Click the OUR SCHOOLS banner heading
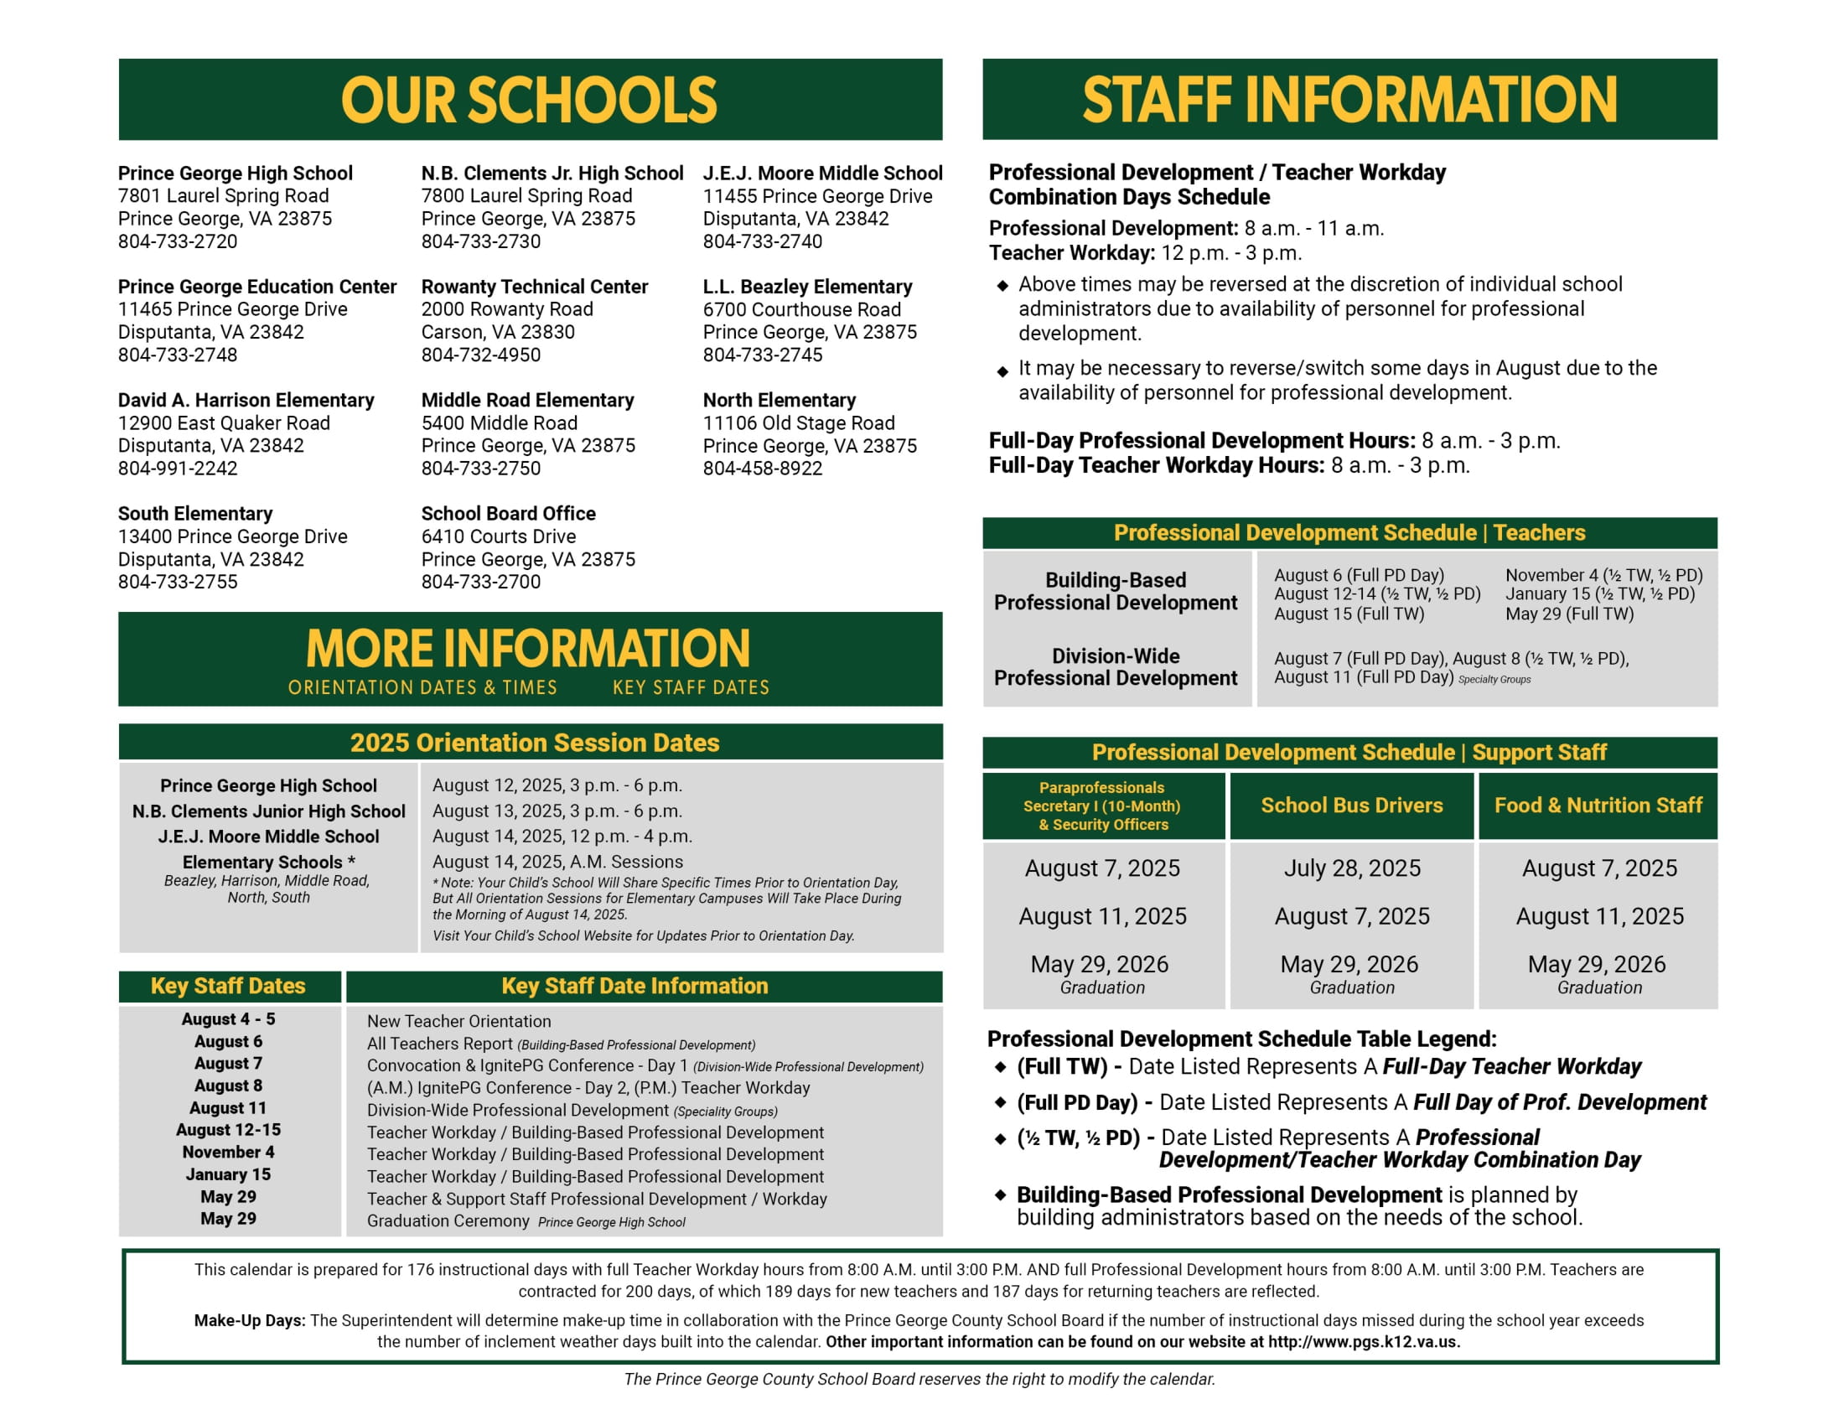(529, 100)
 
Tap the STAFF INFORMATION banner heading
(1349, 100)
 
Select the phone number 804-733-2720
(178, 241)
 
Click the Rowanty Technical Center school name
(535, 286)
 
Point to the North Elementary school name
(779, 400)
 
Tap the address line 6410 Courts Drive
(498, 536)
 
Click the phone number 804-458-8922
(762, 469)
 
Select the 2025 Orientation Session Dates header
(535, 742)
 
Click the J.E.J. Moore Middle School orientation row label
(268, 837)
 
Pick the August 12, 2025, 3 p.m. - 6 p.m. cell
(557, 785)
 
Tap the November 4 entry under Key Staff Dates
(228, 1152)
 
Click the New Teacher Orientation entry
(458, 1022)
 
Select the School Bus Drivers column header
(1351, 806)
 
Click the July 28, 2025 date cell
(1352, 868)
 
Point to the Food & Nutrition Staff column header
(1598, 806)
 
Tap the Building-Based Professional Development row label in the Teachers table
(1115, 591)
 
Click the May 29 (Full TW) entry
(1569, 614)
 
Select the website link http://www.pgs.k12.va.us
(1364, 1342)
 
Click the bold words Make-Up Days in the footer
(249, 1320)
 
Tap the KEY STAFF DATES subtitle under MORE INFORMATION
(691, 687)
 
